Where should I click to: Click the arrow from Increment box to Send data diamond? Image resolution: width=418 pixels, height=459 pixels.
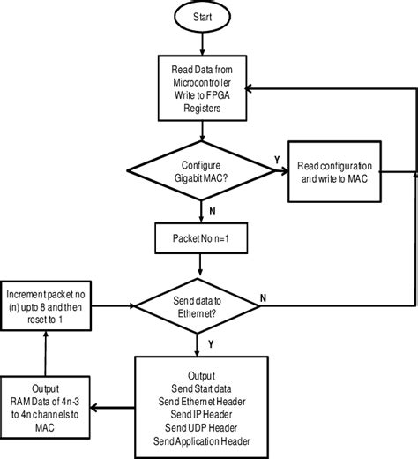point(113,305)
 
